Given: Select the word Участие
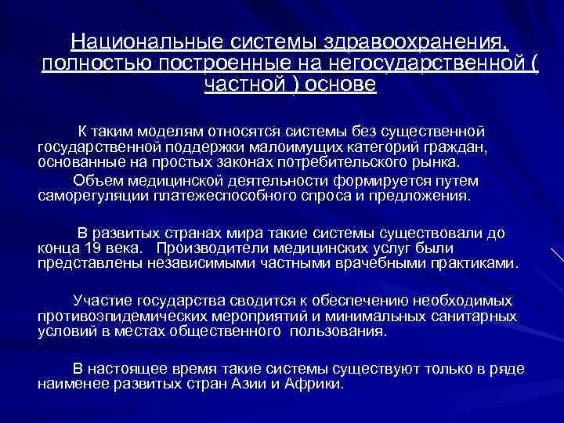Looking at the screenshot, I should (x=99, y=300).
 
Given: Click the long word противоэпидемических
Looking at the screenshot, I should (x=115, y=316).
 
